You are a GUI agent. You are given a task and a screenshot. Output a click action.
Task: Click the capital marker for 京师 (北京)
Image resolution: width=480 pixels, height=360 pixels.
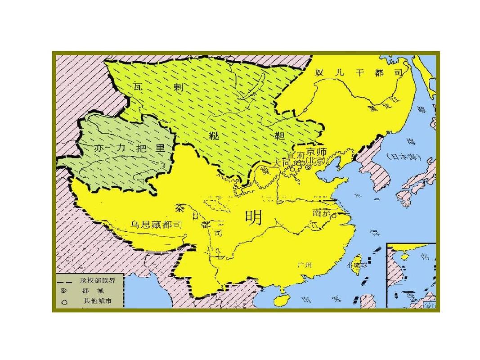click(308, 167)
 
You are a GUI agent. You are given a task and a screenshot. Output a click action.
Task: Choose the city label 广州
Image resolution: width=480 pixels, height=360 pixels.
click(305, 265)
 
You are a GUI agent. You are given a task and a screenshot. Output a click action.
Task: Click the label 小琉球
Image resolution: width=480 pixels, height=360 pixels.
click(352, 265)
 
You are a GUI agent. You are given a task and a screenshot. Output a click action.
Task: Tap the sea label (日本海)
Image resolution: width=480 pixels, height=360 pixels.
click(403, 157)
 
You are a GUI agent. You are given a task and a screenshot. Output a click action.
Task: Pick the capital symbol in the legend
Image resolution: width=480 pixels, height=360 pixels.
click(65, 291)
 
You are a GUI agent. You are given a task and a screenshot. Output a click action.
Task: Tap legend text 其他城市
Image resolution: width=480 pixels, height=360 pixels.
click(94, 301)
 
